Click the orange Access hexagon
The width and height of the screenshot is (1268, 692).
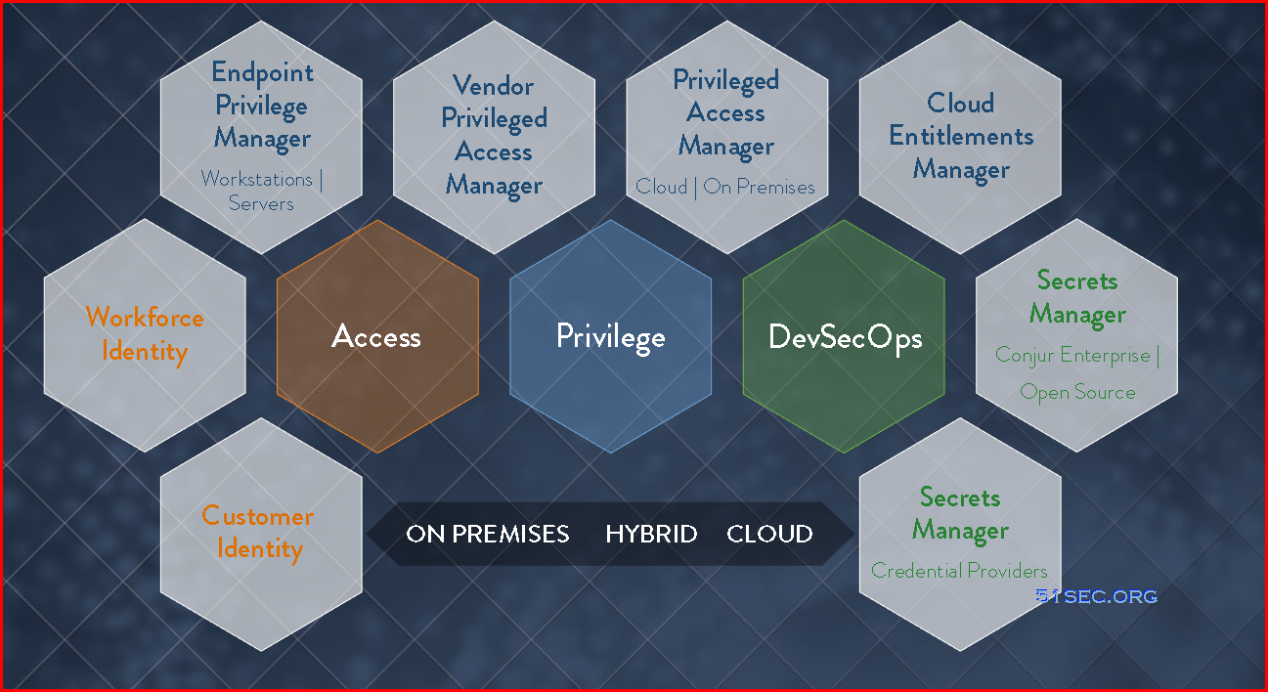pyautogui.click(x=377, y=336)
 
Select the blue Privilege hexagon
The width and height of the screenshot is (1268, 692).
pyautogui.click(x=610, y=336)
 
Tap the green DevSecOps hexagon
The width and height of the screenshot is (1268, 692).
pyautogui.click(x=844, y=336)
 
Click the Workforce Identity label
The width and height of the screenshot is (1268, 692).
pyautogui.click(x=145, y=334)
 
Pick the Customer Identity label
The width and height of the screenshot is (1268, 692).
pyautogui.click(x=258, y=533)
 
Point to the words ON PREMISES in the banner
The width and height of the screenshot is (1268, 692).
pyautogui.click(x=488, y=534)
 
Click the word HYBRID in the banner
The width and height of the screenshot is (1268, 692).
pyautogui.click(x=651, y=534)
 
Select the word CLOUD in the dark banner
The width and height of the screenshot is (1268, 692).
pyautogui.click(x=769, y=534)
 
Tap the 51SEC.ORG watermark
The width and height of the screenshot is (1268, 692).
pyautogui.click(x=1097, y=596)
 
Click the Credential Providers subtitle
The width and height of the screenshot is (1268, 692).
pyautogui.click(x=959, y=571)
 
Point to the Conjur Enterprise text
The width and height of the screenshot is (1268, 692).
pyautogui.click(x=1072, y=356)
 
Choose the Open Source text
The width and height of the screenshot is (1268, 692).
pyautogui.click(x=1077, y=392)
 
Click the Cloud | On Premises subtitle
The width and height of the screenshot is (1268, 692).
pyautogui.click(x=725, y=187)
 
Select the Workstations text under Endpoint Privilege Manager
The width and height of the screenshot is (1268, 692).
pyautogui.click(x=256, y=179)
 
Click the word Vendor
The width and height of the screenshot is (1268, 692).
pyautogui.click(x=493, y=85)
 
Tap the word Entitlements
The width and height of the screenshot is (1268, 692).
pyautogui.click(x=961, y=136)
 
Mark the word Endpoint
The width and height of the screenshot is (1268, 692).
pyautogui.click(x=262, y=73)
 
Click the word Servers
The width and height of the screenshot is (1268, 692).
pyautogui.click(x=262, y=203)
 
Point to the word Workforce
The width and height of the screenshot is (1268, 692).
pyautogui.click(x=145, y=317)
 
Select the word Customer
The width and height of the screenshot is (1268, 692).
pyautogui.click(x=258, y=515)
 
